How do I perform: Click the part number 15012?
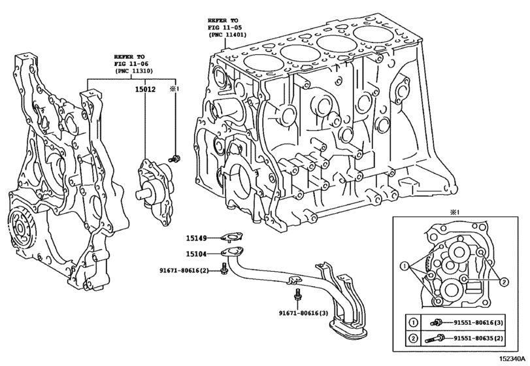coord(145,90)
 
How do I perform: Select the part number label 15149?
coord(197,239)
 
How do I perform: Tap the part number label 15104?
coord(197,254)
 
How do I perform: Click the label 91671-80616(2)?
coord(184,271)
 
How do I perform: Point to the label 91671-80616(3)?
coord(303,313)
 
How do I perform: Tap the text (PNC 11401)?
coord(227,35)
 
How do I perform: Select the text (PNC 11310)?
coord(133,71)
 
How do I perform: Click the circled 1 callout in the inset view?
coord(405,266)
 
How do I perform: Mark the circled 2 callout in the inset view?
coord(504,282)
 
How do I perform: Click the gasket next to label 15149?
coord(231,237)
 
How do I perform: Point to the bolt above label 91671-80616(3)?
coord(297,295)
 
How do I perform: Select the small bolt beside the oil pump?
coord(175,158)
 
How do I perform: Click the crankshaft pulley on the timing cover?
coord(20,229)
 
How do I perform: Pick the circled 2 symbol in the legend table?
coord(413,339)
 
